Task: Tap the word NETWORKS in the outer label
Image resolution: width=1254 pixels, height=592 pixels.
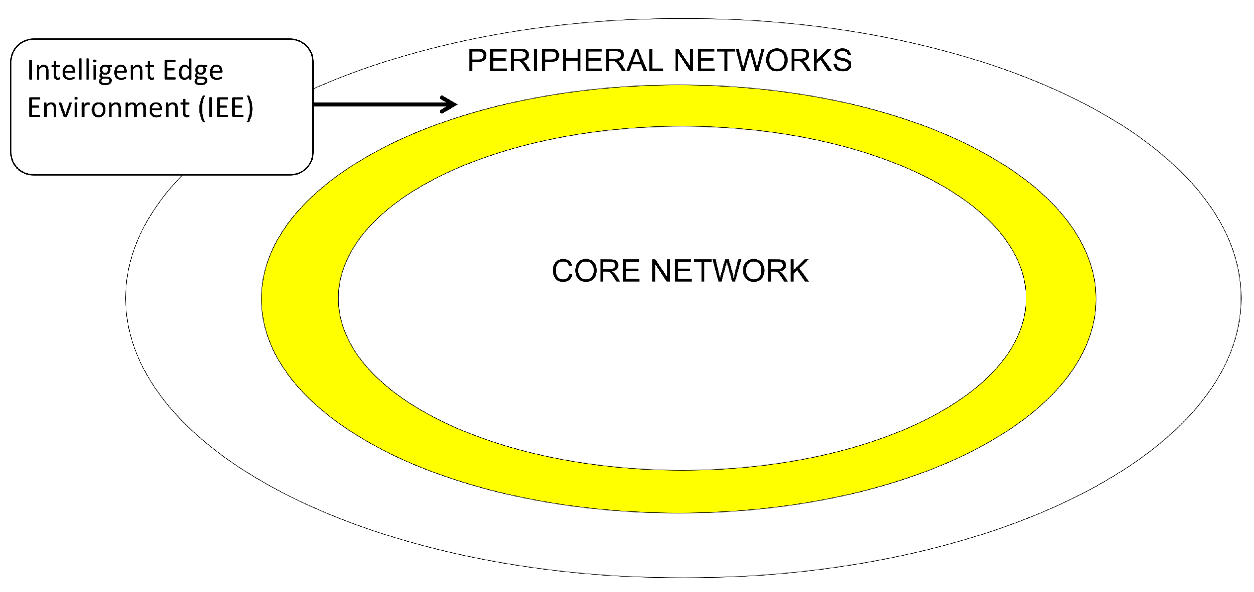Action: coord(762,60)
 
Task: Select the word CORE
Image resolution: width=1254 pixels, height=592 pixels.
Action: coord(595,271)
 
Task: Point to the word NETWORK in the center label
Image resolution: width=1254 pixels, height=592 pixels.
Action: coord(729,271)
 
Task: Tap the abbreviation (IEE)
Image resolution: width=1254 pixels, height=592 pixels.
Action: coord(226,107)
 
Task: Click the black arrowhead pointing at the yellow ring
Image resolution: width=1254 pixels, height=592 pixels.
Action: coord(450,104)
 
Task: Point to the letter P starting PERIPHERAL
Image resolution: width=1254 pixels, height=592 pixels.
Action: coord(477,60)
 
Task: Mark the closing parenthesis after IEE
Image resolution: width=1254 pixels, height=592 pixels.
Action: coord(250,108)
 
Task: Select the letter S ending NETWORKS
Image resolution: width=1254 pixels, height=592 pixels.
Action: coord(841,60)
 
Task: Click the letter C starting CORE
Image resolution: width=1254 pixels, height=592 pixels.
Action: coord(563,271)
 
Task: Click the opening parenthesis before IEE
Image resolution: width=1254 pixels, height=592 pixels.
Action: coord(202,108)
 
